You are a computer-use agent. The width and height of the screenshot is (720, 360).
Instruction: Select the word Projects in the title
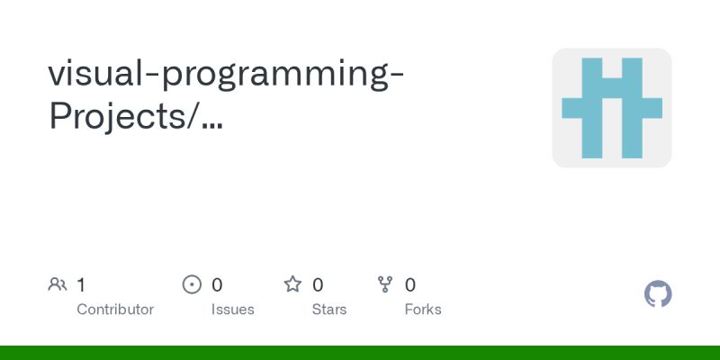pyautogui.click(x=118, y=118)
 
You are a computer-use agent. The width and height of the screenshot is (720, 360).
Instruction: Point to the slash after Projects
pyautogui.click(x=195, y=118)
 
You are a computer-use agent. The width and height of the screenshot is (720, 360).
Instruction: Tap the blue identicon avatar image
pyautogui.click(x=612, y=108)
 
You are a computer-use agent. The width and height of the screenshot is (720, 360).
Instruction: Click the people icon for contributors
pyautogui.click(x=58, y=285)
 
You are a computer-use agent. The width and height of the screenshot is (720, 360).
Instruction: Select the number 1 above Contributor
pyautogui.click(x=81, y=285)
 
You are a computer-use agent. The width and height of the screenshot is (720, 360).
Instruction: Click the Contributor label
pyautogui.click(x=115, y=310)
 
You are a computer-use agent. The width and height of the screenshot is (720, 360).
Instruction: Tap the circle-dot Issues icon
pyautogui.click(x=192, y=285)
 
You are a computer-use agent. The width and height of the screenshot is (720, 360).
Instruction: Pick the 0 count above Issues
pyautogui.click(x=217, y=285)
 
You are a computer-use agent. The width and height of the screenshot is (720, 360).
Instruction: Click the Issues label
pyautogui.click(x=233, y=310)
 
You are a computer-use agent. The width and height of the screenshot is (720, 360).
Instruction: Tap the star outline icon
pyautogui.click(x=292, y=285)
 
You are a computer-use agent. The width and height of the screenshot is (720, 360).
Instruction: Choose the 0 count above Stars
pyautogui.click(x=318, y=285)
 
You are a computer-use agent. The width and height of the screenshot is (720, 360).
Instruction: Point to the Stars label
pyautogui.click(x=329, y=310)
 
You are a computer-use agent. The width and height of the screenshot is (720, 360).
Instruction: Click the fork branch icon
pyautogui.click(x=385, y=285)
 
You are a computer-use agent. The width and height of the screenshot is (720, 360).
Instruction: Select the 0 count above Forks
pyautogui.click(x=410, y=285)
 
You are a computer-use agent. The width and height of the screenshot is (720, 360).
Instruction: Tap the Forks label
pyautogui.click(x=423, y=310)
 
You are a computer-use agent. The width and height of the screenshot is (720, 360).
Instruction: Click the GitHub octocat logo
pyautogui.click(x=658, y=294)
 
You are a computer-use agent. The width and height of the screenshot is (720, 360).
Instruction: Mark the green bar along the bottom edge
pyautogui.click(x=360, y=352)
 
